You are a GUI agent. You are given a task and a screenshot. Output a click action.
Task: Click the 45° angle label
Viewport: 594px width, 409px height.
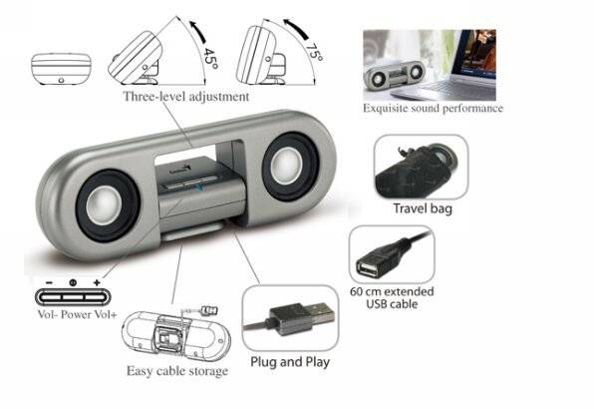210,58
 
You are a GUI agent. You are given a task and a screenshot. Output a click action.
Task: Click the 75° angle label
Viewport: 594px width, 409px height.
314,52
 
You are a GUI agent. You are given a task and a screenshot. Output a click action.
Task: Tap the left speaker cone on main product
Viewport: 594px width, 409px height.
108,206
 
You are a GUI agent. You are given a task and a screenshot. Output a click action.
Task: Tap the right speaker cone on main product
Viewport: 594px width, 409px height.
290,166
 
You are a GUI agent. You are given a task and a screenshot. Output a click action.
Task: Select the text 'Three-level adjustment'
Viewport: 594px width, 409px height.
186,97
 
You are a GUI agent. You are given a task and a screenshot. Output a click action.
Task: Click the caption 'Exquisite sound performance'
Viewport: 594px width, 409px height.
433,109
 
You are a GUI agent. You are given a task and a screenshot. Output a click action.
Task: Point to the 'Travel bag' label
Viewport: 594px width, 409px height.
423,208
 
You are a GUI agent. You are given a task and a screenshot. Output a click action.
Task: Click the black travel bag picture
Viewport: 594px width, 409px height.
416,170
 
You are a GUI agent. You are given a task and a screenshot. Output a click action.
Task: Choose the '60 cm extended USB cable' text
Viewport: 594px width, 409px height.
392,298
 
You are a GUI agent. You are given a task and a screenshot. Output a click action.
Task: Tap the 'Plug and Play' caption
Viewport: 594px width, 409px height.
290,362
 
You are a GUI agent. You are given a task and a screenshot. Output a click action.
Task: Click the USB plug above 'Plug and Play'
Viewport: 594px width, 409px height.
302,318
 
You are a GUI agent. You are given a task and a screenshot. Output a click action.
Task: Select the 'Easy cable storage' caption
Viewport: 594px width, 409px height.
177,371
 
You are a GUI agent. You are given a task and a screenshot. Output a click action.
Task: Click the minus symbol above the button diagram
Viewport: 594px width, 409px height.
49,282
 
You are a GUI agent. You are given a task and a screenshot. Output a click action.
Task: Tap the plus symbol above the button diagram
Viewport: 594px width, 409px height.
97,282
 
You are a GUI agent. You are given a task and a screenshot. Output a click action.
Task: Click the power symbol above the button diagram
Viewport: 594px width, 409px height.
73,282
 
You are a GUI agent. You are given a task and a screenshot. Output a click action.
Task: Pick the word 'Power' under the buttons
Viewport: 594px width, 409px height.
76,314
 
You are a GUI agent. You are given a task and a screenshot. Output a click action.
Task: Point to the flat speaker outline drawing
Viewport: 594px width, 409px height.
61,69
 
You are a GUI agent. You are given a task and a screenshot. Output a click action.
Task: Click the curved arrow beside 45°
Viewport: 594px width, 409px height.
198,32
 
